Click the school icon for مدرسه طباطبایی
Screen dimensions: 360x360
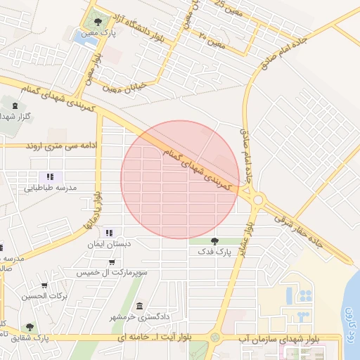coord(49,176)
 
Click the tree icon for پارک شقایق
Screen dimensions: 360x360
coord(30,327)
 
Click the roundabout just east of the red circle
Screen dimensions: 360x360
coord(258,200)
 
